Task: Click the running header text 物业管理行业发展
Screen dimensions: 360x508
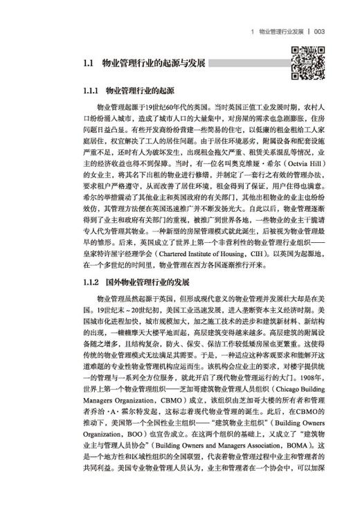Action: click(x=280, y=31)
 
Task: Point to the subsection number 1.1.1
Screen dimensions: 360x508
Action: click(x=90, y=91)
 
